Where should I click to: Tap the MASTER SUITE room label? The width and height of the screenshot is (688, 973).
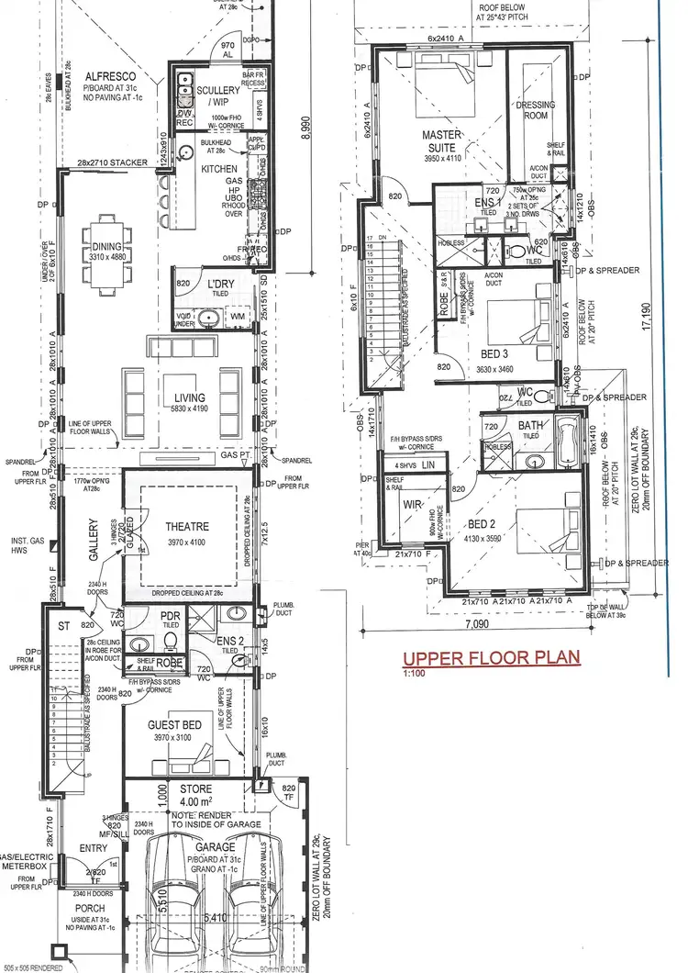coord(440,140)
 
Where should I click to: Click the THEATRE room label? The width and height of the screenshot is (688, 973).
coord(187,527)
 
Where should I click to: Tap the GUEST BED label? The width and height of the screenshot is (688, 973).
coord(181,725)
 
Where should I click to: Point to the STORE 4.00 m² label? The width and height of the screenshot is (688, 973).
coord(194,794)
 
